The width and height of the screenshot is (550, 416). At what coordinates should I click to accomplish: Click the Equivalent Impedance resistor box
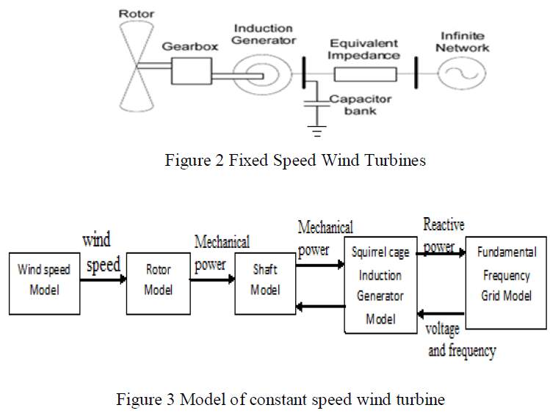coord(365,73)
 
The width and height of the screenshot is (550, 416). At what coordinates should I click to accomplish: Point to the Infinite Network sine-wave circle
coord(464,73)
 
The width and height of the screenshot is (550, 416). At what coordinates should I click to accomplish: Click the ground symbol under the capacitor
coord(317,134)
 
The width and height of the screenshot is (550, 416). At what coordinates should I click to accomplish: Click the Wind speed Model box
coord(43,280)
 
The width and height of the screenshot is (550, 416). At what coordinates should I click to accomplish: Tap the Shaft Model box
coord(265,280)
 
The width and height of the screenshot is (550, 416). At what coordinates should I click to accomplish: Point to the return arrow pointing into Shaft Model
coord(320,304)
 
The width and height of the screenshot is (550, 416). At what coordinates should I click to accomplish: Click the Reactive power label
coord(444,235)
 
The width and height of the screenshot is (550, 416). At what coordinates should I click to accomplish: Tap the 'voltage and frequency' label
coord(461,340)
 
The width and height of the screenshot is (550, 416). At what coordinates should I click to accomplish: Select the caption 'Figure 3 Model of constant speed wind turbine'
coord(281,400)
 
